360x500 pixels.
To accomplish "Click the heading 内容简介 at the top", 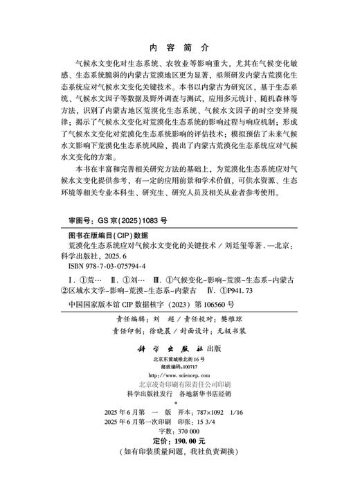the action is click(x=179, y=49).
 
